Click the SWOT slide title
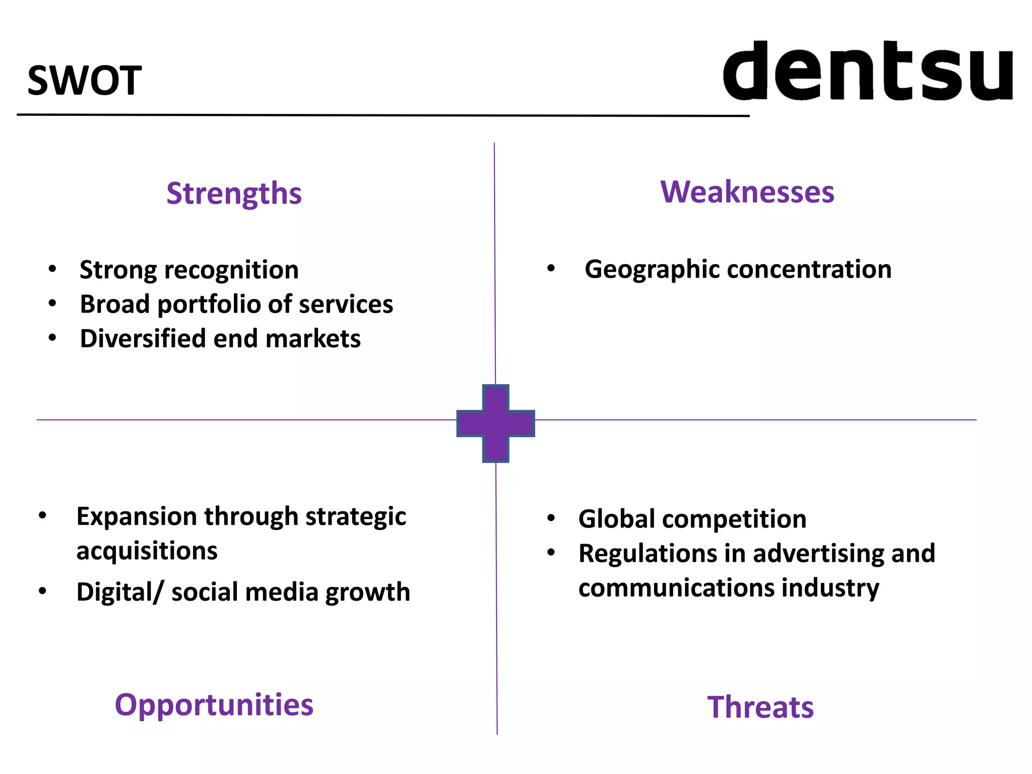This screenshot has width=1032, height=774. (x=84, y=81)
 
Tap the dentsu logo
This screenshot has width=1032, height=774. (x=868, y=71)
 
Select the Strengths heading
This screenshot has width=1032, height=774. (x=234, y=193)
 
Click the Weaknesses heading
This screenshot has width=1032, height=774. (x=747, y=192)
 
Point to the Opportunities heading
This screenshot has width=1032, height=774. (x=214, y=704)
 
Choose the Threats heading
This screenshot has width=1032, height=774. (x=760, y=707)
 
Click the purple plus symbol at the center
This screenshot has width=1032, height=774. (x=495, y=423)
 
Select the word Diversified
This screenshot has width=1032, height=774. (x=143, y=339)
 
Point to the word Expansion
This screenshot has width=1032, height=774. (x=137, y=517)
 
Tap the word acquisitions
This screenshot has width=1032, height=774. (x=147, y=551)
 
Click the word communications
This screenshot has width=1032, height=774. (x=676, y=588)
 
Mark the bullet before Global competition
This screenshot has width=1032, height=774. (x=551, y=519)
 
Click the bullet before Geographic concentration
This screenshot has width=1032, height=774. (x=551, y=269)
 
